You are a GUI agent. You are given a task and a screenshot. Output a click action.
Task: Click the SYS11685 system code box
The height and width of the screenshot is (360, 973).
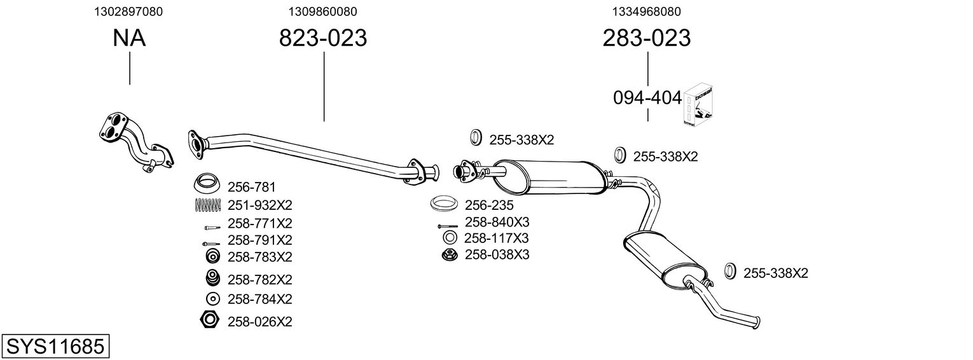click(55, 347)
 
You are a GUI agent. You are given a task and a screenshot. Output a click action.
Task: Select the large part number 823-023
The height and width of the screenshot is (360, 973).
click(323, 38)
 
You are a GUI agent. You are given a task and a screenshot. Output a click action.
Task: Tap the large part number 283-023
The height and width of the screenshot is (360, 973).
click(646, 38)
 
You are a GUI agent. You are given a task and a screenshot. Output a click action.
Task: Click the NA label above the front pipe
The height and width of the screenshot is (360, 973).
click(129, 38)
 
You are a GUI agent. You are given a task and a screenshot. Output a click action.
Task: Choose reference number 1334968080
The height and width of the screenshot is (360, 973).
click(647, 11)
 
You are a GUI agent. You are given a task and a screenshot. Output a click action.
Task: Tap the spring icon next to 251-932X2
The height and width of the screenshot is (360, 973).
click(207, 205)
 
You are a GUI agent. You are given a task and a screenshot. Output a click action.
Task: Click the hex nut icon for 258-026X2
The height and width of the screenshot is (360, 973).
click(209, 320)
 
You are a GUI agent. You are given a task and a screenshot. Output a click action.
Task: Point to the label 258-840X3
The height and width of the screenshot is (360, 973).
click(497, 222)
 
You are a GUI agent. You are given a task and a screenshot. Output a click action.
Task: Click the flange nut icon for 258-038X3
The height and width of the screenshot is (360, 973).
click(449, 254)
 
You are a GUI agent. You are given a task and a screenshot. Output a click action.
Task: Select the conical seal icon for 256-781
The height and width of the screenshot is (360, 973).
click(207, 184)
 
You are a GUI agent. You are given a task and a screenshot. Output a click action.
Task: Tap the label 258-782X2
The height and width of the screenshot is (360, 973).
click(259, 279)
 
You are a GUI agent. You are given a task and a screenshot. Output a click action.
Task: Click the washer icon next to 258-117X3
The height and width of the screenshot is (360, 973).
click(449, 238)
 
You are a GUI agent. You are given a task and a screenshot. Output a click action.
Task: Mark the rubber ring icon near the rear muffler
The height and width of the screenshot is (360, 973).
click(731, 272)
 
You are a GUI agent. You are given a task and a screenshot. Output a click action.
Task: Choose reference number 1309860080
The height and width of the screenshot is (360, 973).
click(322, 11)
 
